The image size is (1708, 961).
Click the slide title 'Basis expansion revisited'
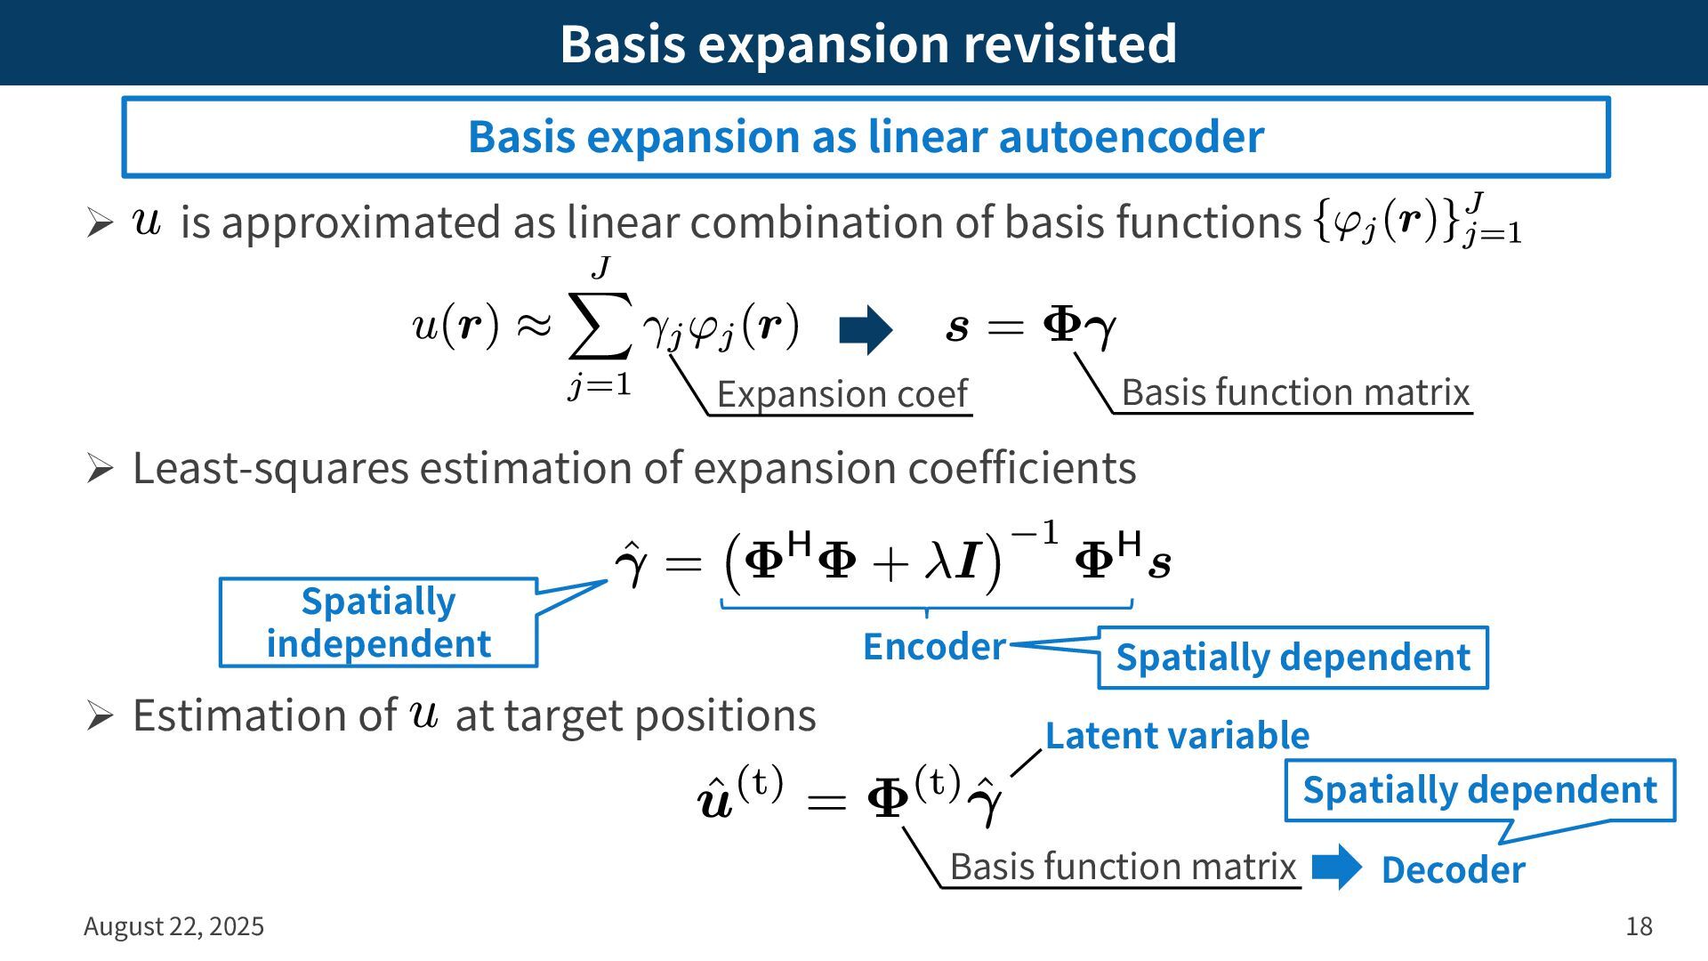click(x=867, y=43)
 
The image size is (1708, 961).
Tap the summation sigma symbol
click(x=600, y=324)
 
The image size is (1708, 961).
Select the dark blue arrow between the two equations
click(x=866, y=330)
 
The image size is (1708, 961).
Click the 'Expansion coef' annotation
click(x=842, y=393)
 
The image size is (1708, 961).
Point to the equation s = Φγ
click(x=1030, y=327)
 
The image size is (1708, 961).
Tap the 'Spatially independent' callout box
click(x=378, y=622)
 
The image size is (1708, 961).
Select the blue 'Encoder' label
click(x=934, y=647)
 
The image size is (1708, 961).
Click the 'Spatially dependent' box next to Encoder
click(x=1293, y=658)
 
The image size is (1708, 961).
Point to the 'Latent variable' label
click(x=1176, y=736)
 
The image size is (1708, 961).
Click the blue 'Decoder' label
click(x=1453, y=870)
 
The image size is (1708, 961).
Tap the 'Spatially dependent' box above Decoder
click(x=1479, y=790)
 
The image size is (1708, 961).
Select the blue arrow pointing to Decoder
click(x=1336, y=867)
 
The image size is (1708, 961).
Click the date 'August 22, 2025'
click(x=173, y=926)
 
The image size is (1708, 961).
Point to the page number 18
click(x=1639, y=926)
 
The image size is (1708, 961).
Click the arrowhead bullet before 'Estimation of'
click(x=100, y=716)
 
